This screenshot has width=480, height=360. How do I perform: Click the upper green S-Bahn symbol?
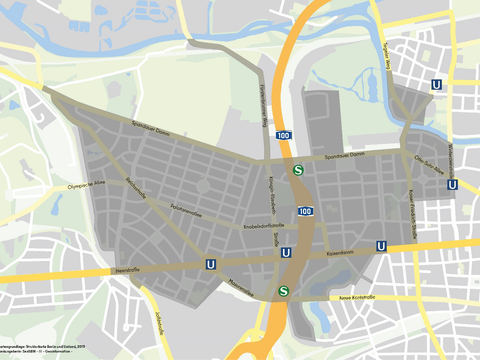pos(298,170)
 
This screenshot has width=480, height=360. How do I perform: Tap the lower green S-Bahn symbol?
pos(285,292)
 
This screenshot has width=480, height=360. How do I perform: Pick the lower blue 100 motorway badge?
pos(305,211)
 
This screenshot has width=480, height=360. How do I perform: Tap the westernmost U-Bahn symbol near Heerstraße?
pos(210,264)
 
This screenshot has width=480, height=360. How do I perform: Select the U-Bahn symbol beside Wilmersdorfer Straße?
pos(455,184)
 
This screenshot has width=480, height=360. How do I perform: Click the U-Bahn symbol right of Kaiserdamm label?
pos(381,246)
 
